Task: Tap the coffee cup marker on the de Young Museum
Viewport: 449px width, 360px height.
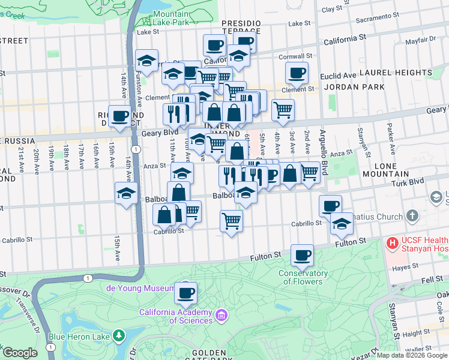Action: pyautogui.click(x=185, y=293)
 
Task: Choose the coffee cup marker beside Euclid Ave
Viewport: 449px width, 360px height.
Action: pyautogui.click(x=297, y=73)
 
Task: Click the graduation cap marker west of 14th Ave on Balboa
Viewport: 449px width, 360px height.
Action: pyautogui.click(x=126, y=193)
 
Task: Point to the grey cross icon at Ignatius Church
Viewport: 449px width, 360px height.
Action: pyautogui.click(x=412, y=215)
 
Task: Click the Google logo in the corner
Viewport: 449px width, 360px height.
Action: pyautogui.click(x=19, y=353)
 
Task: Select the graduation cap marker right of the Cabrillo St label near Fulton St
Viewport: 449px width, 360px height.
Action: pyautogui.click(x=341, y=224)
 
